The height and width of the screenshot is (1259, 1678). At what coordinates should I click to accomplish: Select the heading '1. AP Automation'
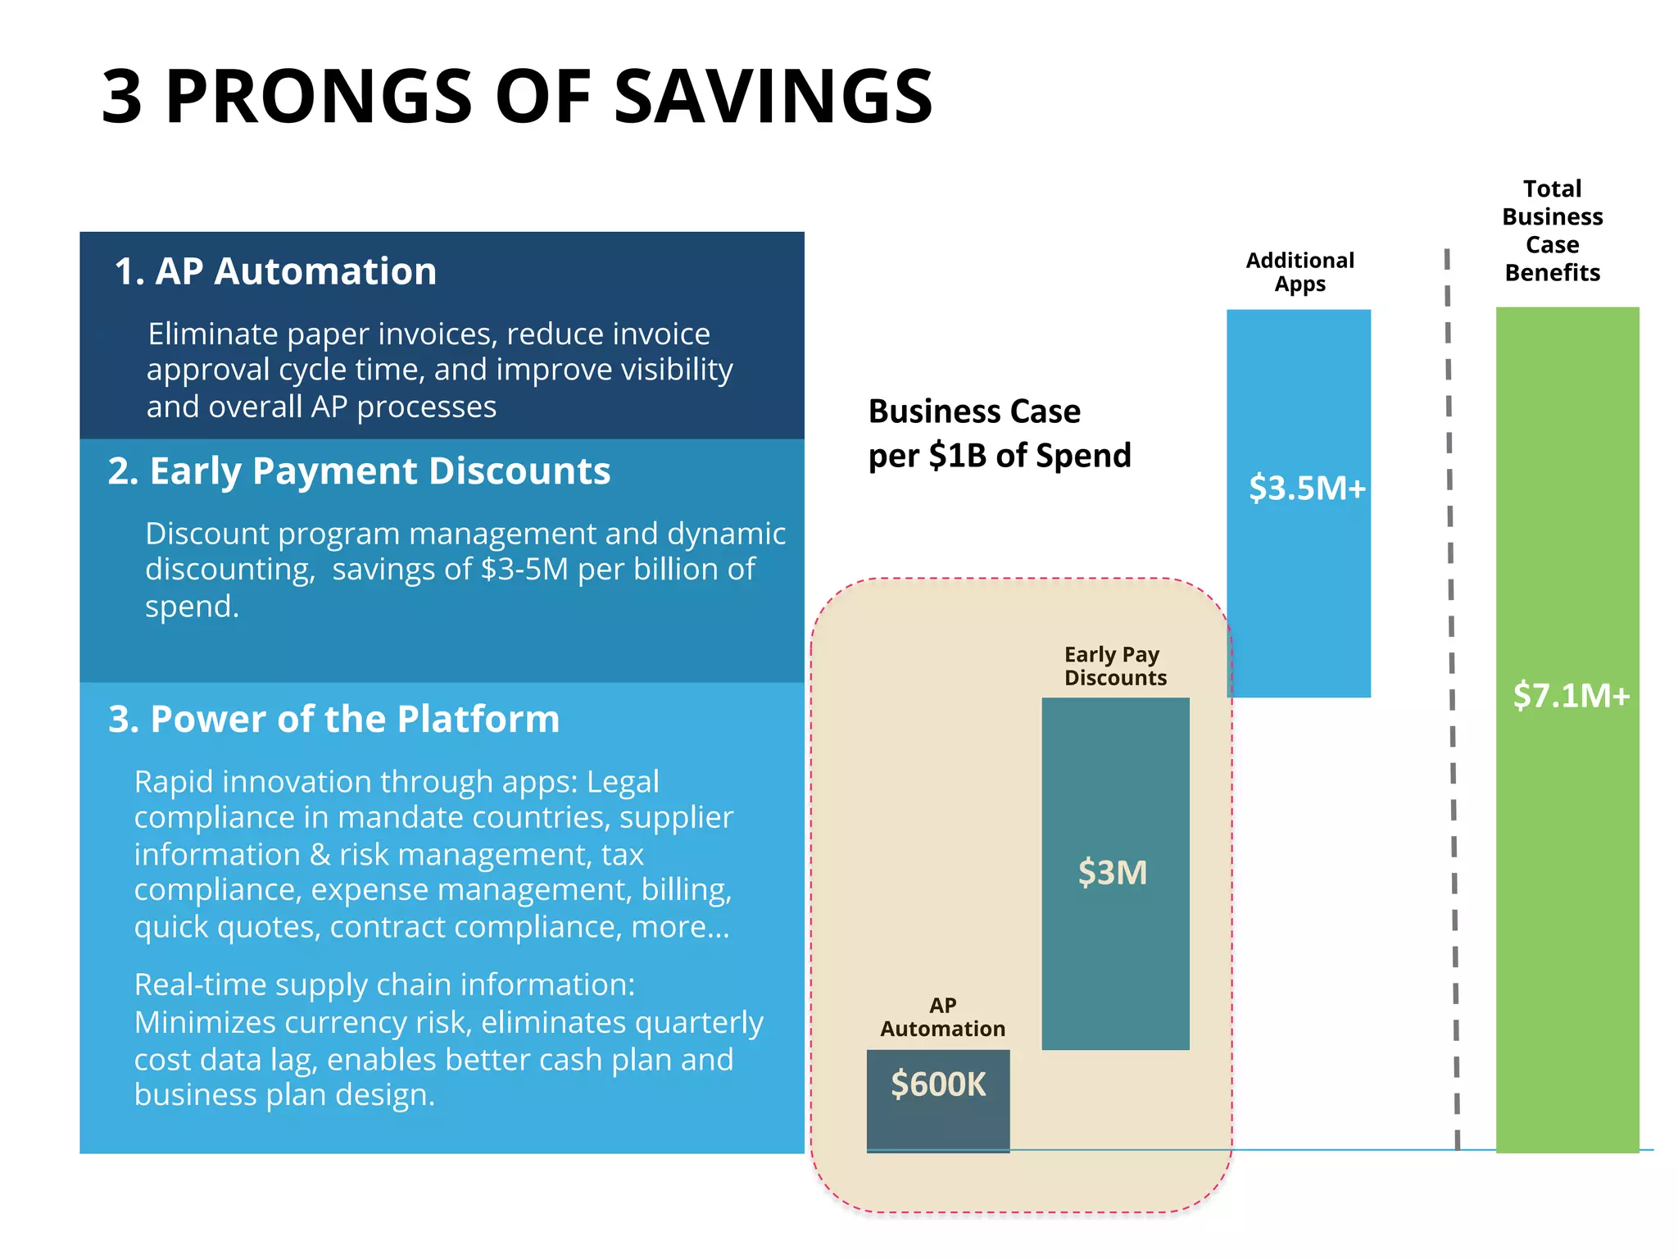point(275,271)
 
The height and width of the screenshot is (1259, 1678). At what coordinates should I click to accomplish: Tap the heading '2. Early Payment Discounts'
point(359,471)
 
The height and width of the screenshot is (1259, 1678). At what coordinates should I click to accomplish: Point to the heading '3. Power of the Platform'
point(334,720)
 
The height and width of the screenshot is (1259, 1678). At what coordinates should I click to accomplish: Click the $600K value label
point(938,1084)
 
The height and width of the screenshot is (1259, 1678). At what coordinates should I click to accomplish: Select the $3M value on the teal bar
point(1113,873)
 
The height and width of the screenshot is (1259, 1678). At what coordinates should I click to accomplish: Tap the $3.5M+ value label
point(1307,489)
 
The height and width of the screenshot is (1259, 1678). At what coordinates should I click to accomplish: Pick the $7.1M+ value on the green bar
point(1571,696)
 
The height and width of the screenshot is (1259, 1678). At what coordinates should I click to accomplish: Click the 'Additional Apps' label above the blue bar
point(1299,272)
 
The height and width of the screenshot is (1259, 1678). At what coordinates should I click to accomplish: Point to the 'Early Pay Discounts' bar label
point(1114,666)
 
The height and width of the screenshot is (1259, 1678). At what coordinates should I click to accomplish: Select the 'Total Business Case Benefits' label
point(1552,230)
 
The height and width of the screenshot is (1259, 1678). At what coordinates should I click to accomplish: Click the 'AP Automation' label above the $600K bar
point(942,1017)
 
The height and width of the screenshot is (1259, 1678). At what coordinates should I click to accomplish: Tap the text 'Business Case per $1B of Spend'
point(999,434)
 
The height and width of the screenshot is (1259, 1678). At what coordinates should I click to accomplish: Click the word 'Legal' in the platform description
point(623,782)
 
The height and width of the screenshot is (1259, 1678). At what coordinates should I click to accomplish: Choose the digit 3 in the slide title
point(122,97)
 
